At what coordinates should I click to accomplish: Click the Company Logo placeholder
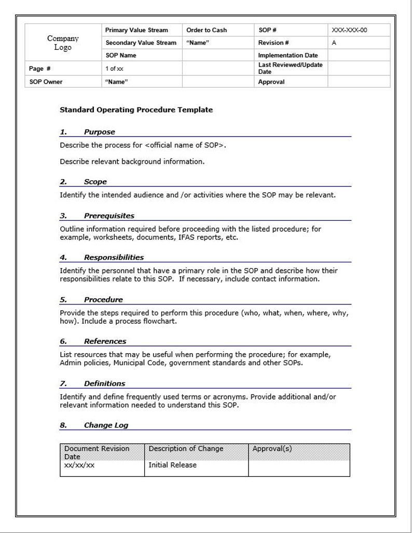[x=63, y=43]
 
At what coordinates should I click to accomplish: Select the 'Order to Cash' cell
[x=206, y=30]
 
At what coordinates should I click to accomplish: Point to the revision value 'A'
[x=334, y=43]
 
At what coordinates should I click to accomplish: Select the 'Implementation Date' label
[x=288, y=55]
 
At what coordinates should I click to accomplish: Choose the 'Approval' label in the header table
[x=271, y=82]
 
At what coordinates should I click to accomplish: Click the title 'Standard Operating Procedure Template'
[x=136, y=110]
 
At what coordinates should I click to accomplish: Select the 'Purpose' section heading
[x=99, y=132]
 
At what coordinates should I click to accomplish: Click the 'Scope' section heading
[x=95, y=182]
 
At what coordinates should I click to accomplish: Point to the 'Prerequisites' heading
[x=109, y=216]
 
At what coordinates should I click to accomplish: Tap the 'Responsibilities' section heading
[x=114, y=257]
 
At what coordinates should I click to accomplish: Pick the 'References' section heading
[x=105, y=341]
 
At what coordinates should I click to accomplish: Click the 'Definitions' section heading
[x=104, y=383]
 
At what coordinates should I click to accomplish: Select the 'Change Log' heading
[x=106, y=425]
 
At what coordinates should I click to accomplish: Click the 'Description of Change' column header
[x=186, y=448]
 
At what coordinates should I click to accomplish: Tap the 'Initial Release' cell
[x=172, y=465]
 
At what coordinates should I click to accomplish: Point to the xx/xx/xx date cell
[x=79, y=465]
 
